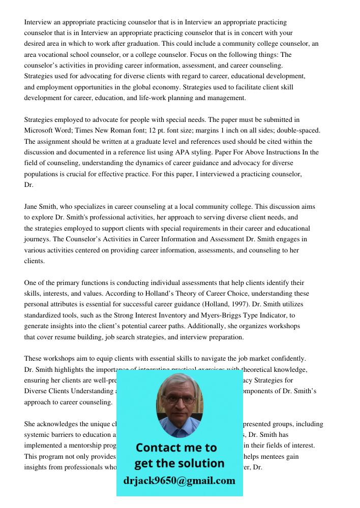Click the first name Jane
32,207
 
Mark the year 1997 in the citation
244,304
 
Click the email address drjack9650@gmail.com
179,481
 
